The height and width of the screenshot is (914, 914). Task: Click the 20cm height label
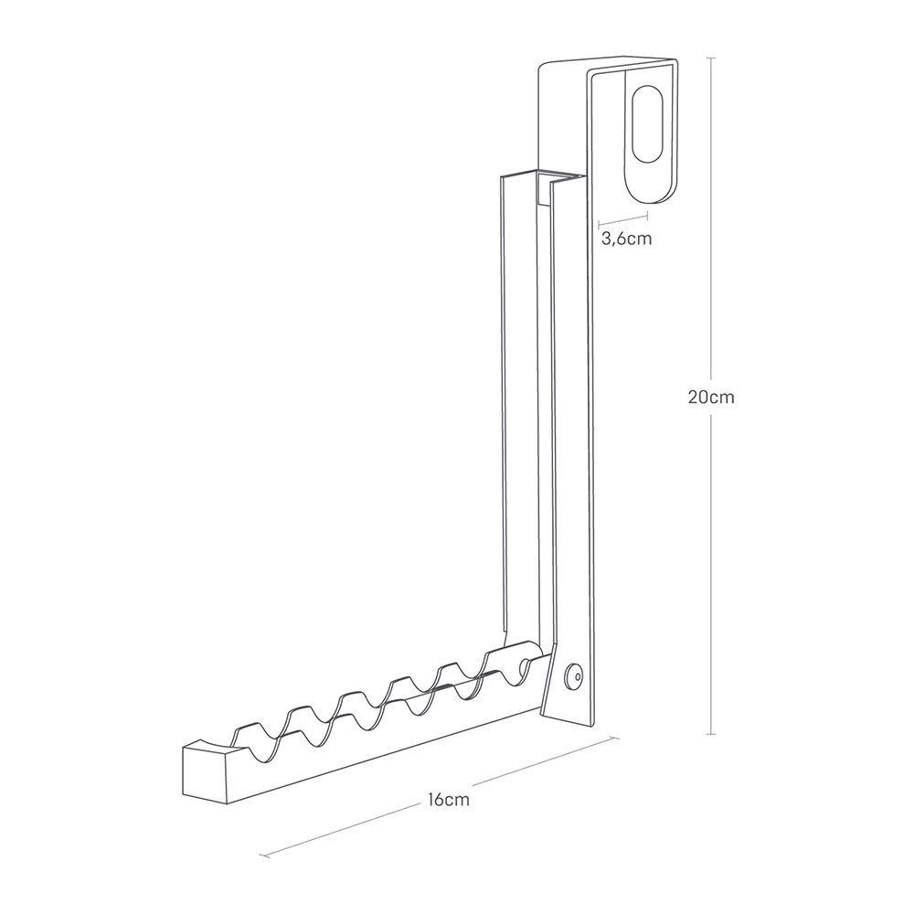(711, 398)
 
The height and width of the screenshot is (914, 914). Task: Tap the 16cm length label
(447, 800)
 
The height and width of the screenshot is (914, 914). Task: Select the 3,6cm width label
(626, 239)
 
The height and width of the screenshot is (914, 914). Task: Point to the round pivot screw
(576, 675)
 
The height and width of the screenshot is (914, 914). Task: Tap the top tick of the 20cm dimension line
(711, 58)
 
